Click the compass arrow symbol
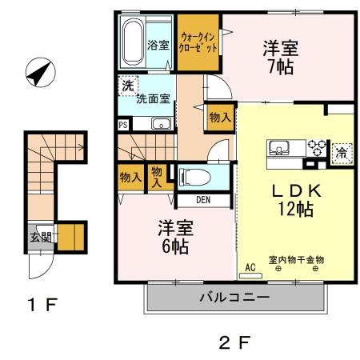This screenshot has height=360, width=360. (x=37, y=74)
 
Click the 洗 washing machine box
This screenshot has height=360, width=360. (x=127, y=85)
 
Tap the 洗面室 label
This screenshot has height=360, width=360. (x=151, y=100)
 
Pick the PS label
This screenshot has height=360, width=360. (x=122, y=125)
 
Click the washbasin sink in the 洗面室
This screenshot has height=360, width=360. (x=161, y=124)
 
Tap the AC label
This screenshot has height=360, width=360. (x=250, y=266)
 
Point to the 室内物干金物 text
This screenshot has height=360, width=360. (x=296, y=260)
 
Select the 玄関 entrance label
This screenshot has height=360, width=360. (x=38, y=237)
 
